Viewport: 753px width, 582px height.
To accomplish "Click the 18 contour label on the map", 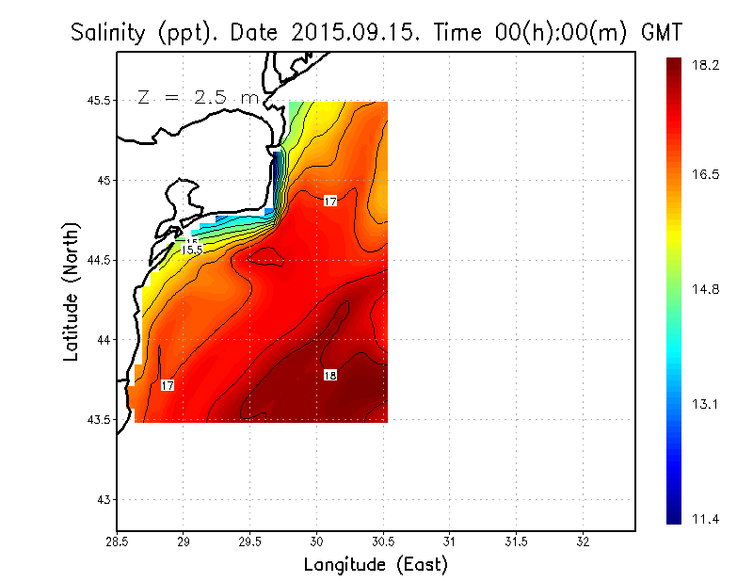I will (330, 375).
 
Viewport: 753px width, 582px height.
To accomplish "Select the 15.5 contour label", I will (192, 249).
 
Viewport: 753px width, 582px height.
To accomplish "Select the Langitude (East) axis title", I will (376, 565).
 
